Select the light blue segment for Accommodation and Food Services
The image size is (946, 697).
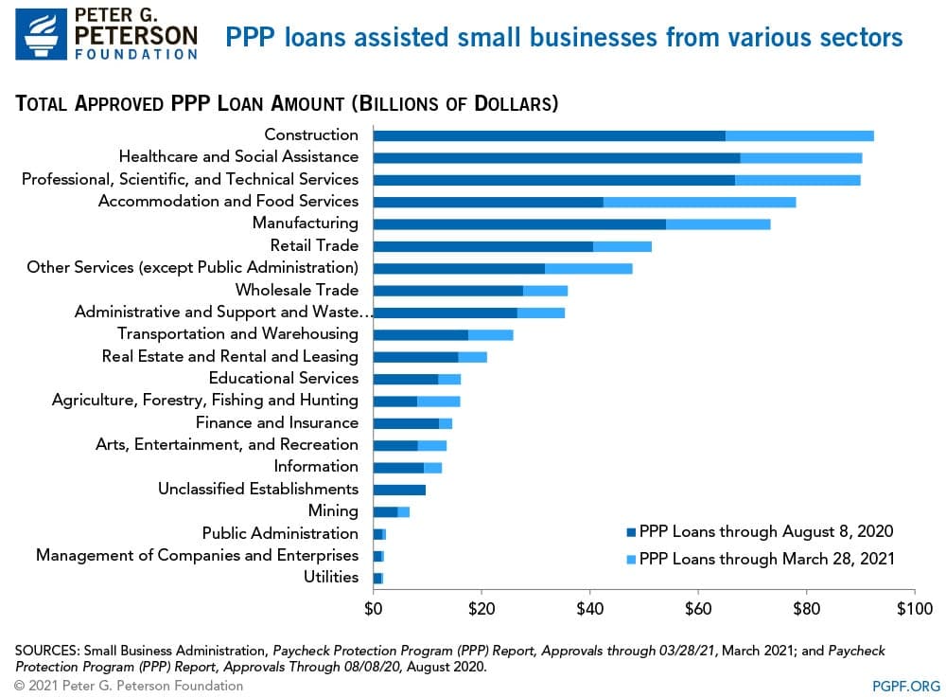[x=699, y=202]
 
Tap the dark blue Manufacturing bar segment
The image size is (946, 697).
[x=519, y=223]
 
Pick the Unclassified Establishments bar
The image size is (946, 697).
[x=399, y=490]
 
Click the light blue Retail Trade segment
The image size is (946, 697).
[x=622, y=246]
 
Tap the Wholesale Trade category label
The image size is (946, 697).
[x=297, y=290]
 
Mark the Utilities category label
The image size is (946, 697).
[x=331, y=577]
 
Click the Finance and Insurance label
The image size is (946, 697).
[x=277, y=422]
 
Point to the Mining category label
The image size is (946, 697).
[x=333, y=510]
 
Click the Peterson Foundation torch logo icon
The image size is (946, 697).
[x=39, y=33]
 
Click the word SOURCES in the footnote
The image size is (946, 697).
[x=46, y=651]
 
